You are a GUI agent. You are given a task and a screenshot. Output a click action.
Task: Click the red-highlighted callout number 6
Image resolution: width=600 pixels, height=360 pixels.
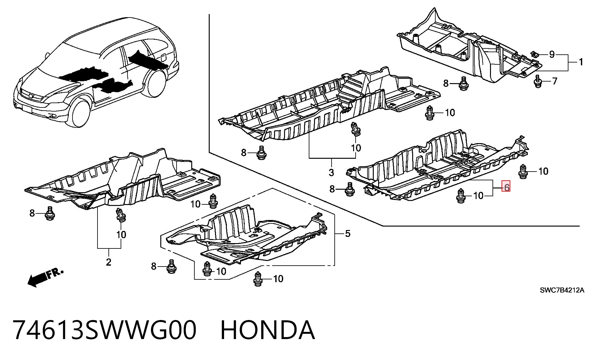tap(506, 187)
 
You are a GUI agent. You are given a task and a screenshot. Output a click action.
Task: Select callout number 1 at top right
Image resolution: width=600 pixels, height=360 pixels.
tap(581, 62)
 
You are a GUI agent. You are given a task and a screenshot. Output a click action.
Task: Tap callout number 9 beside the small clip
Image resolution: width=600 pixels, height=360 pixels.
tap(552, 54)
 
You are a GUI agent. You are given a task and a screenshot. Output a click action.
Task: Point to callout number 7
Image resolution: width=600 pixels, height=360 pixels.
tap(554, 81)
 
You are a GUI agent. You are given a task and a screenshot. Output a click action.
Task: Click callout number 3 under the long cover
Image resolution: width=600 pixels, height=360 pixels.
tap(331, 172)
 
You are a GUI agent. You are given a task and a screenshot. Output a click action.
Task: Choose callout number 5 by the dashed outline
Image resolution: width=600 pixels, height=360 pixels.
tap(347, 233)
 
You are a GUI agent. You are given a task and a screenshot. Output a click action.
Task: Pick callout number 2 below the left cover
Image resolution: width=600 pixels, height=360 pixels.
tap(108, 262)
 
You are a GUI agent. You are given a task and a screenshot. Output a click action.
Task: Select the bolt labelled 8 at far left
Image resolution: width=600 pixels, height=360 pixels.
tap(49, 213)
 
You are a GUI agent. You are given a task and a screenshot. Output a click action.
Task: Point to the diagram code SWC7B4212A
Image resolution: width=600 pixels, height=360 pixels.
tap(562, 290)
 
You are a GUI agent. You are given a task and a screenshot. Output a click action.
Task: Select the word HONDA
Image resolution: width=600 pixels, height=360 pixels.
tap(268, 330)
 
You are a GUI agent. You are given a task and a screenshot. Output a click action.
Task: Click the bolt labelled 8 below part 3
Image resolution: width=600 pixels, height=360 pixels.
tap(261, 153)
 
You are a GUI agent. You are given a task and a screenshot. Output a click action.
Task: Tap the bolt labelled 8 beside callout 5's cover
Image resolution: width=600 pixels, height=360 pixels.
tap(171, 267)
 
